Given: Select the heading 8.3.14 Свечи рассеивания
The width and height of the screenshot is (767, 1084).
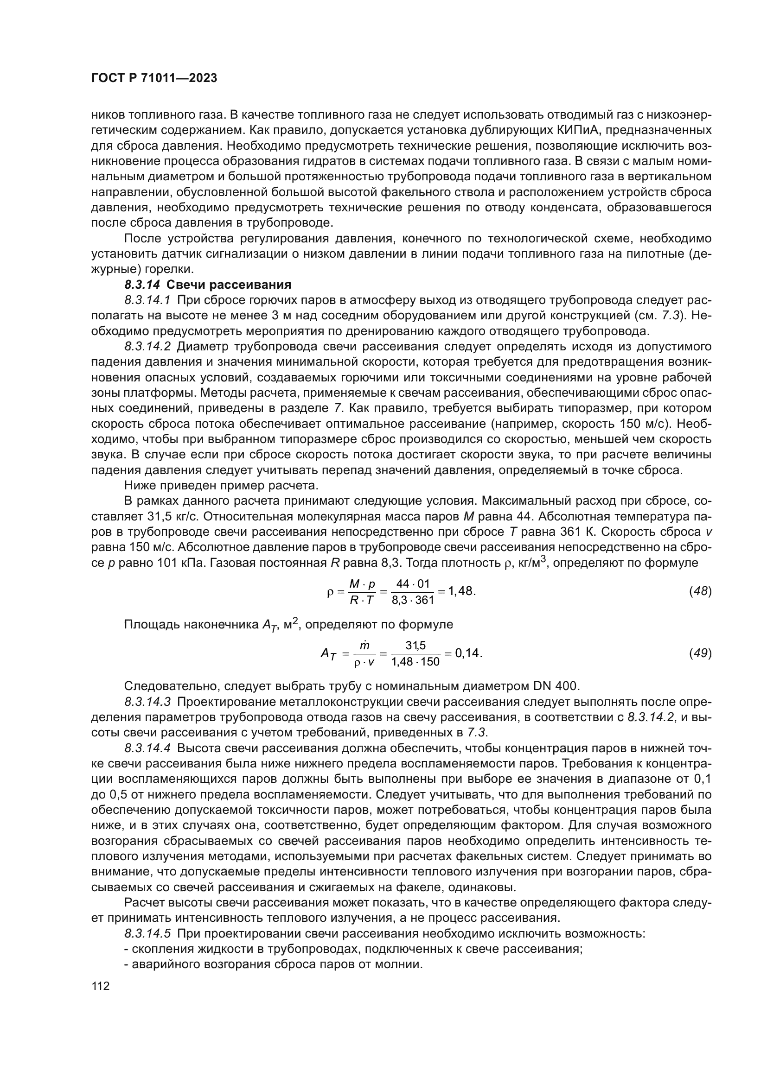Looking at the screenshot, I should pos(208,285).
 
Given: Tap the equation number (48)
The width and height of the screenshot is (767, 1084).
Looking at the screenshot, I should pos(700,591).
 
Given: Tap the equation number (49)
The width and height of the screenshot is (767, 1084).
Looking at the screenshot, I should pos(700,653).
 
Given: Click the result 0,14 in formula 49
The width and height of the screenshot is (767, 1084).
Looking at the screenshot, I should pos(468,653).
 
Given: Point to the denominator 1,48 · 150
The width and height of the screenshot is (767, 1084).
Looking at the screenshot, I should pos(415,662).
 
